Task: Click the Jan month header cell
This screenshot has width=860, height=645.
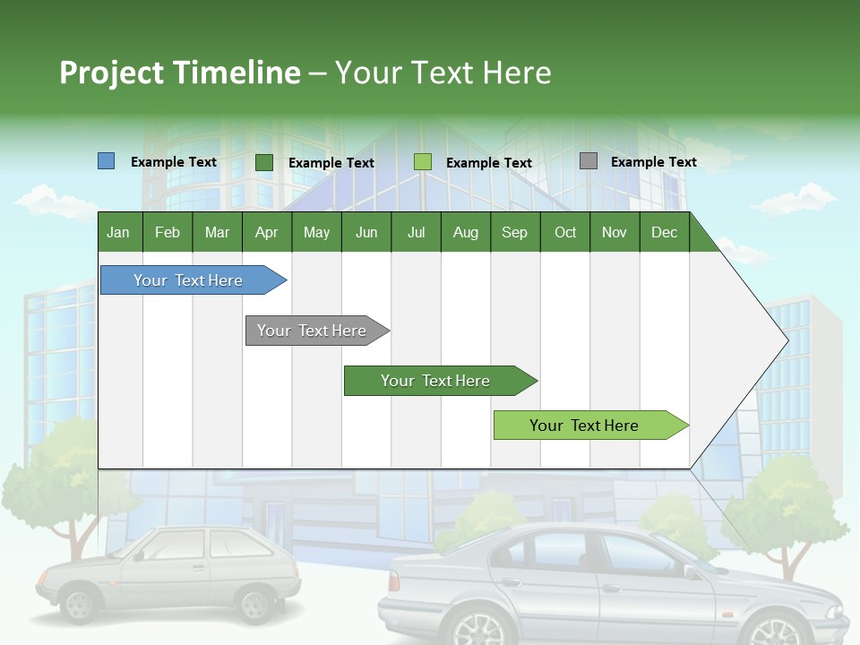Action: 119,232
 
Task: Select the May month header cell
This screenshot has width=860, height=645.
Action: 316,232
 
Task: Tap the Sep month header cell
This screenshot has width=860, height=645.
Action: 514,232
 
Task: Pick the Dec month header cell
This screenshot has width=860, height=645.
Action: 664,232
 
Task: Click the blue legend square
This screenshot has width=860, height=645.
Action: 106,161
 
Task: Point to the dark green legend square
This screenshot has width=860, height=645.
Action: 263,162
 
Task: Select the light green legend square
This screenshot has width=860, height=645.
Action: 422,162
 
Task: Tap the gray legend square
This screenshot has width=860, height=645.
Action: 588,161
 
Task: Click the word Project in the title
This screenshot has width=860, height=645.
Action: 112,73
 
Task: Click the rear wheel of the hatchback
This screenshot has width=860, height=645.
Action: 255,605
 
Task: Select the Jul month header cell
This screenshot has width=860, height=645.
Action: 416,232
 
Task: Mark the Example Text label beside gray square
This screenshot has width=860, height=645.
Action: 653,162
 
